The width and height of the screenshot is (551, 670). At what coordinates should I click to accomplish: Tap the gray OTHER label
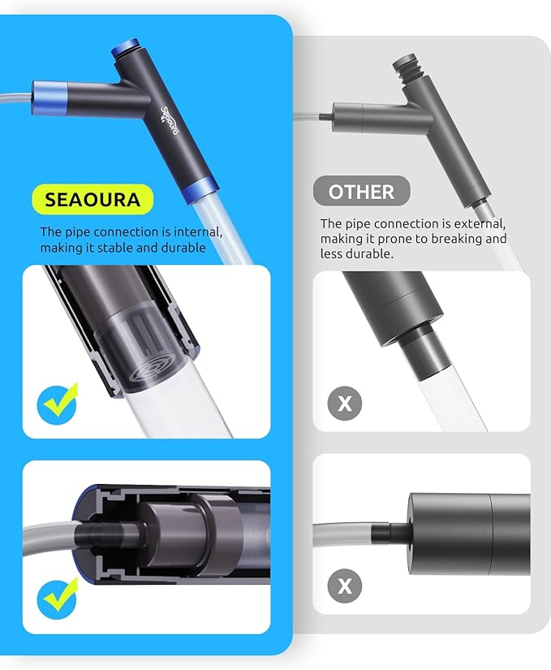coord(361,192)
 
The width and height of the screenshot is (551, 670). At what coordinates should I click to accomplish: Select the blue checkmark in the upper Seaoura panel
coord(58,402)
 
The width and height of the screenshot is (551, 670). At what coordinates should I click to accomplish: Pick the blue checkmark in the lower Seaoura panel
coord(58,597)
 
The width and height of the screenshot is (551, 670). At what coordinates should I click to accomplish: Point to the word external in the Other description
coord(480,223)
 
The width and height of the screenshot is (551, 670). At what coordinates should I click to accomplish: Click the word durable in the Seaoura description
coord(181,247)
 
